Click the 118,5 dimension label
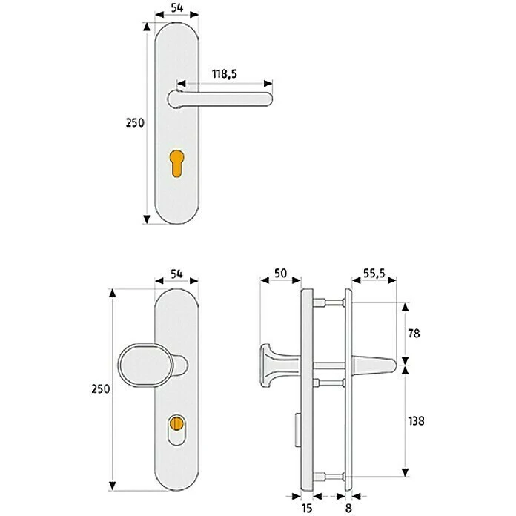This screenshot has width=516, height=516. coord(226,74)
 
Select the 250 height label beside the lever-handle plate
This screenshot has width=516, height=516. coord(134,123)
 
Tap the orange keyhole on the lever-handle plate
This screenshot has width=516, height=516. coord(177,162)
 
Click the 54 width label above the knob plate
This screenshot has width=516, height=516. coord(176,274)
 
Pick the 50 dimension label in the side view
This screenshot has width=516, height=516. coord(279,274)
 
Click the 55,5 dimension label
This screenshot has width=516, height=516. coord(374,274)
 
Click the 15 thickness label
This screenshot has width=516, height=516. coord(307,508)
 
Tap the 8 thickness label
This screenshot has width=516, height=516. coord(348,508)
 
